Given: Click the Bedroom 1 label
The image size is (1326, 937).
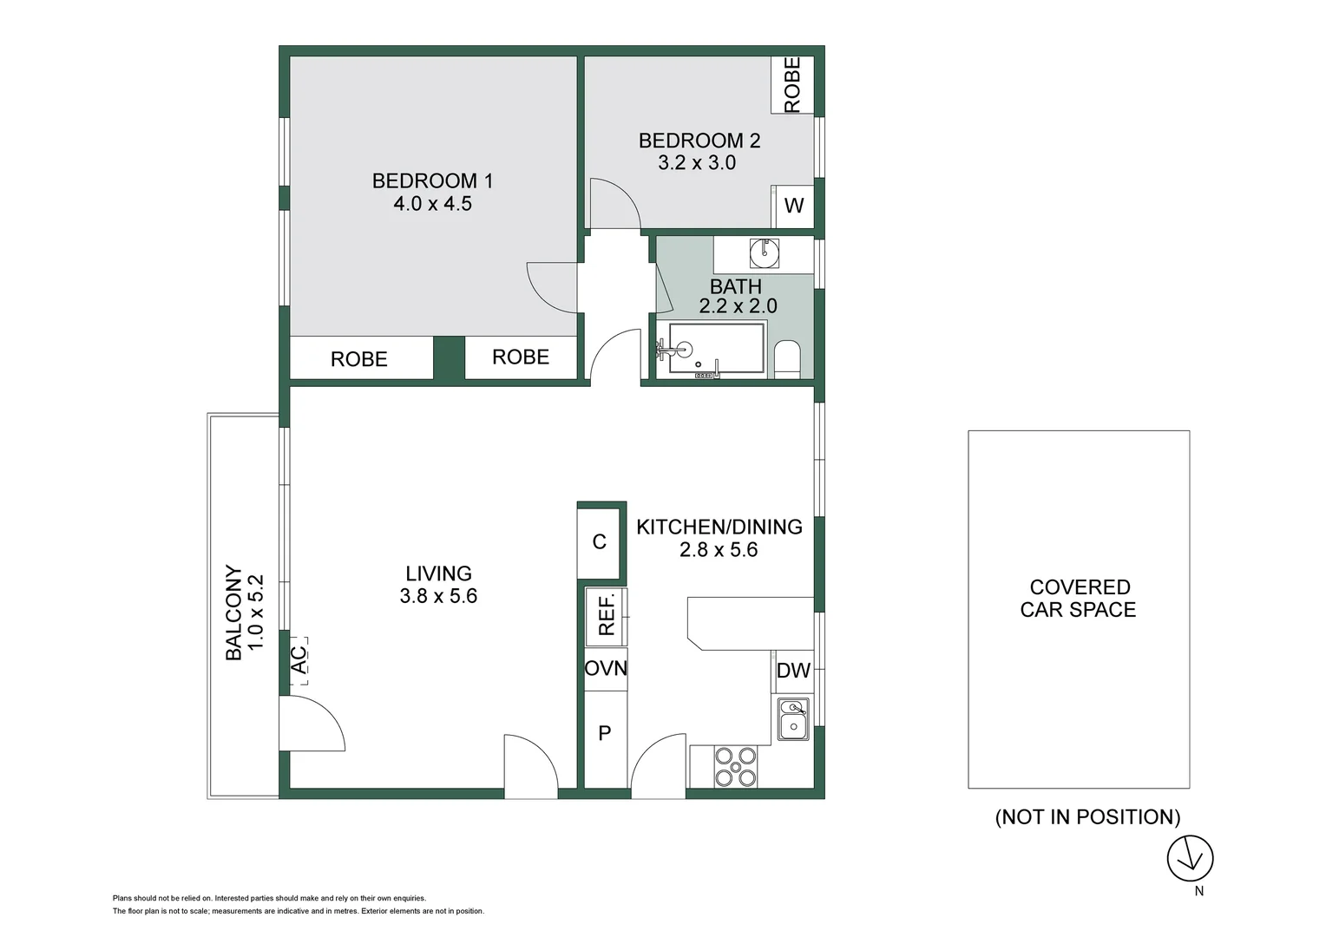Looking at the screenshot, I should [432, 181].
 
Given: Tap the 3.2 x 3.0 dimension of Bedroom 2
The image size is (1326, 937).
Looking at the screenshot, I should [697, 163].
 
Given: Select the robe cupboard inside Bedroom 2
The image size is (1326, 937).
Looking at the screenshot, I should [792, 85].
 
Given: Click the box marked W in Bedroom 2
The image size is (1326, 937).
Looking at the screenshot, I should [793, 206].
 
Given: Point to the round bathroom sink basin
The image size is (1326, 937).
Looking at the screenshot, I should [765, 253].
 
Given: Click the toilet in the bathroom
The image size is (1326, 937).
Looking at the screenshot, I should [787, 359].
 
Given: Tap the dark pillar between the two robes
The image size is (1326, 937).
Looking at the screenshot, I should [449, 358].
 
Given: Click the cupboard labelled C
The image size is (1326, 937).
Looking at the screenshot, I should [599, 542].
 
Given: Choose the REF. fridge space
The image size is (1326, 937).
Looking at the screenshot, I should [606, 615].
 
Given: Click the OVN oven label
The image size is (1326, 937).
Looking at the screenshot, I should [606, 669].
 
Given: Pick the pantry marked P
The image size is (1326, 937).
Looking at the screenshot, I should [605, 734].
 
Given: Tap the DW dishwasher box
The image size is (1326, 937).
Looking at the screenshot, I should [793, 671].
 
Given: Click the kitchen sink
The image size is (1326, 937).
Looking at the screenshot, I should [793, 718].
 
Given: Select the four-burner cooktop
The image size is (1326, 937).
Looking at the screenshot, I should [735, 766].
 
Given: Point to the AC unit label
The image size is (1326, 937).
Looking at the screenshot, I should [299, 660].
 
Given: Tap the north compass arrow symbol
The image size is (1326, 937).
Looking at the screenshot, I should [1190, 859].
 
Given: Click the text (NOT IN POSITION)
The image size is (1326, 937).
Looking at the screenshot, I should [1087, 817].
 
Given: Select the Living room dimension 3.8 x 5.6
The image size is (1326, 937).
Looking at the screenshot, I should [438, 596].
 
